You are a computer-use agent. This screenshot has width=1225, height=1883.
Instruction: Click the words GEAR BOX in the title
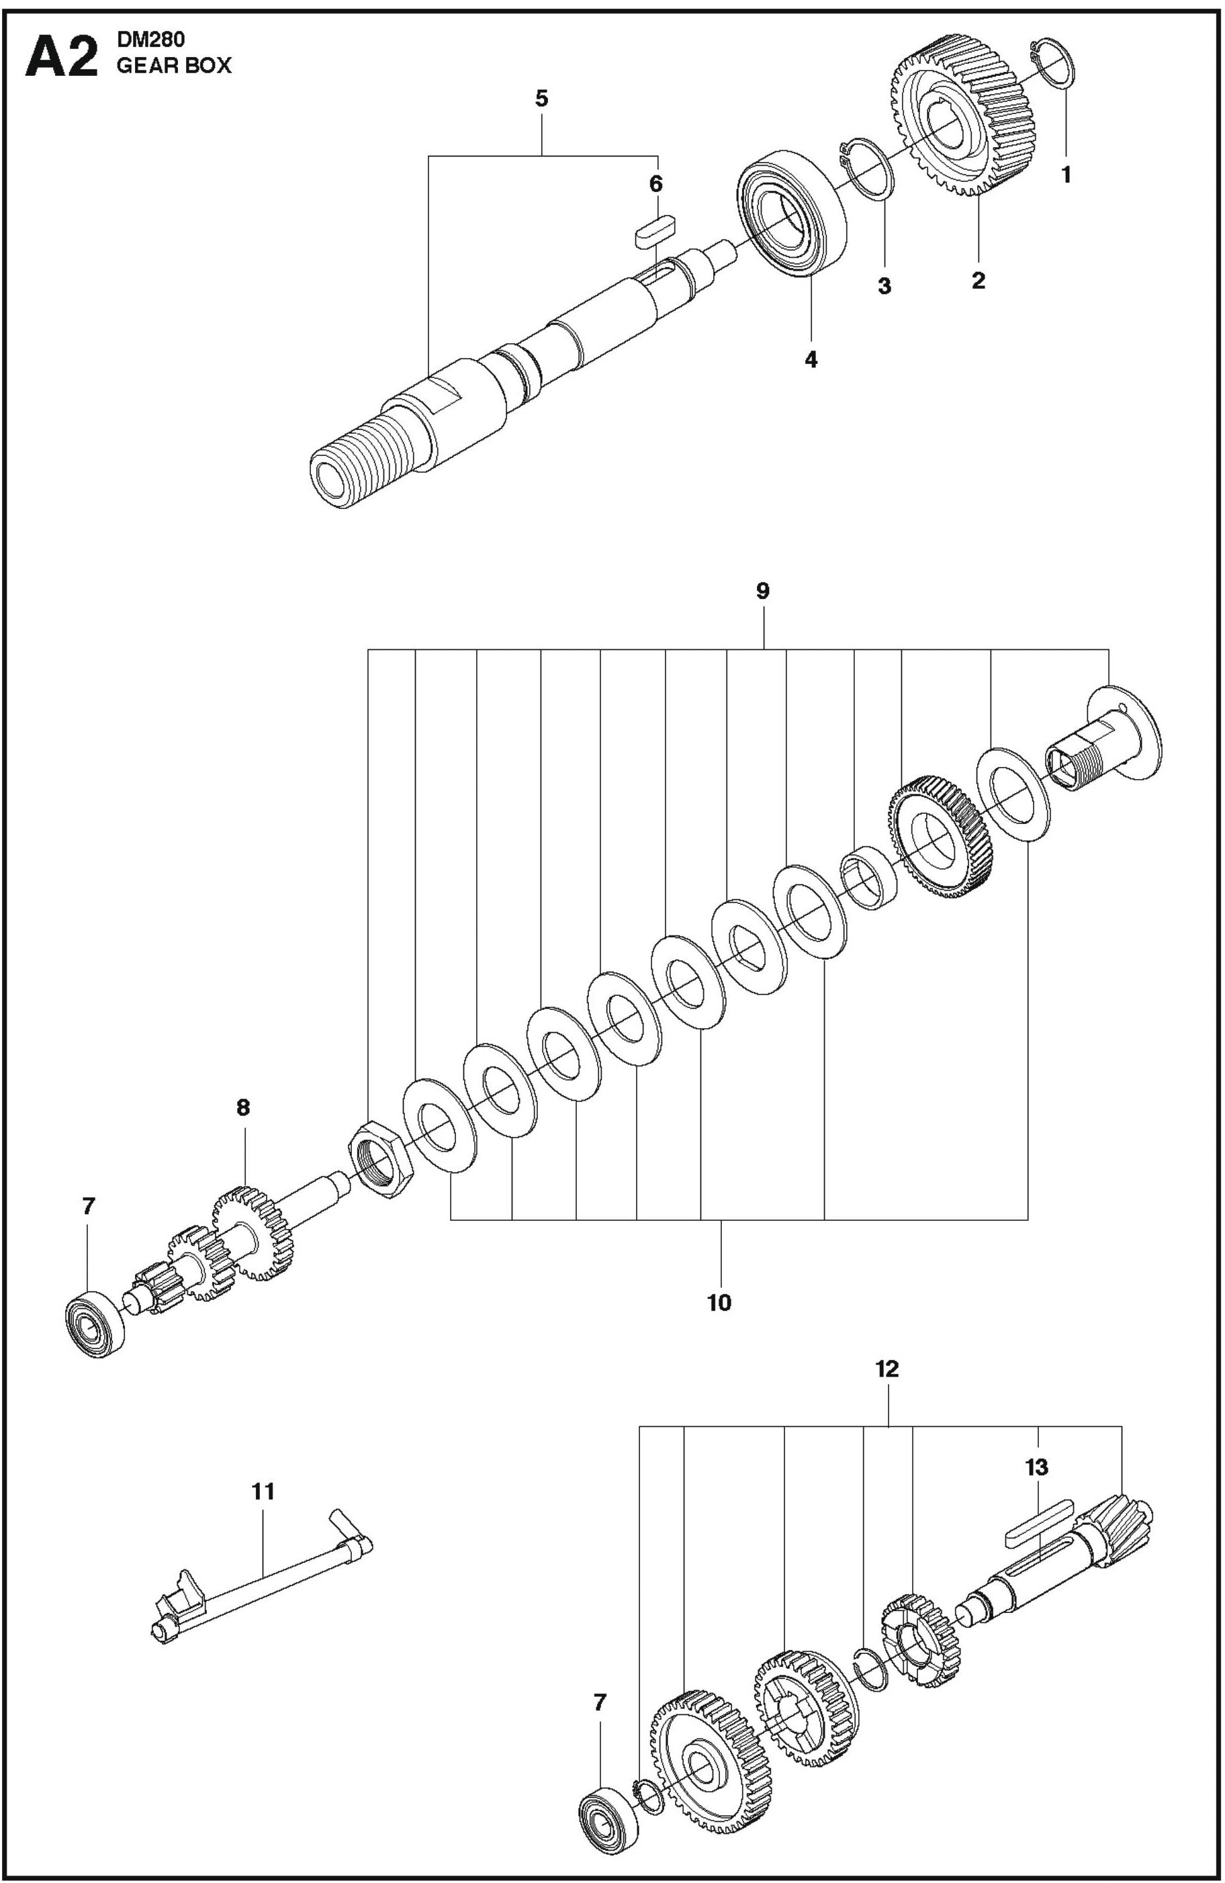point(174,66)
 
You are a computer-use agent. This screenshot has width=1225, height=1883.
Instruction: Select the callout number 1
point(1065,176)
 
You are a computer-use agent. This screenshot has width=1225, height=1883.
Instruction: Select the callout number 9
point(762,591)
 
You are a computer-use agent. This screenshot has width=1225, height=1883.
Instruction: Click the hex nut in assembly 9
point(381,1159)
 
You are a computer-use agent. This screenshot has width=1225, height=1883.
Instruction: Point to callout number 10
point(719,1301)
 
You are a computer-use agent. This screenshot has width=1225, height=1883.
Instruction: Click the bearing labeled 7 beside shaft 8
point(95,1324)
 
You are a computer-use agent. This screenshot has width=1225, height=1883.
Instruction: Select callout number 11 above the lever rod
point(263,1491)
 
